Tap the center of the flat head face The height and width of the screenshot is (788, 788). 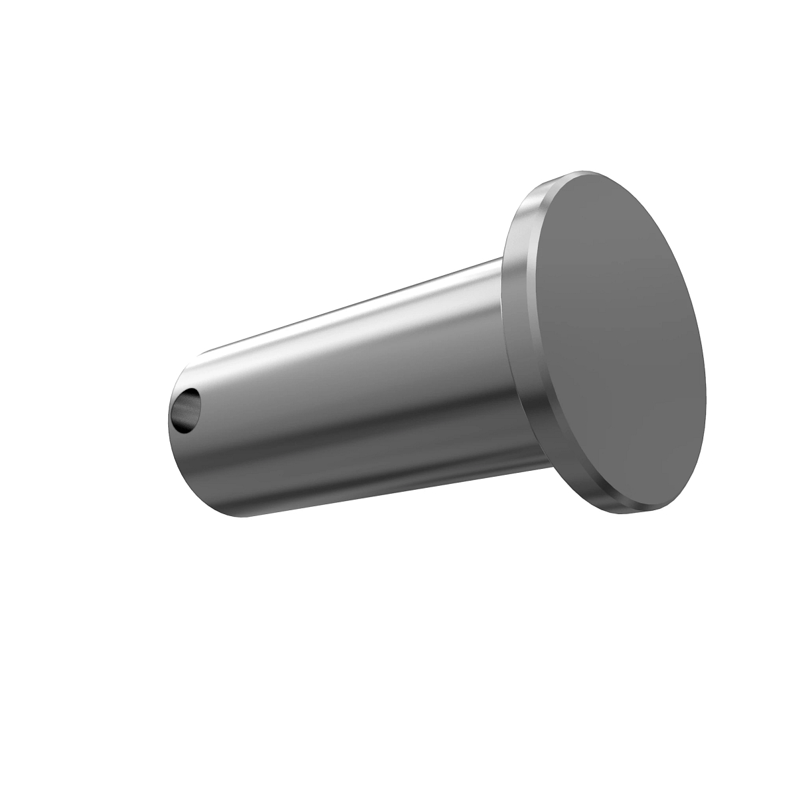click(x=621, y=341)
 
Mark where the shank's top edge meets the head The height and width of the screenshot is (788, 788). click(x=501, y=260)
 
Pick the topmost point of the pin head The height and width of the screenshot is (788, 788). click(x=578, y=172)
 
